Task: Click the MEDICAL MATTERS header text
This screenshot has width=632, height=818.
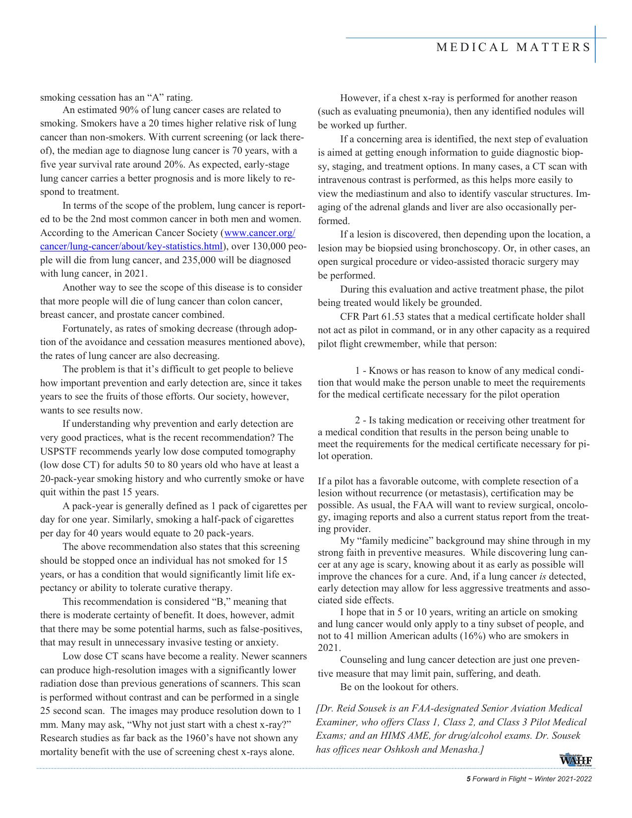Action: pyautogui.click(x=514, y=48)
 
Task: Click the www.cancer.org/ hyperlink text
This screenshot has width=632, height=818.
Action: pyautogui.click(x=260, y=233)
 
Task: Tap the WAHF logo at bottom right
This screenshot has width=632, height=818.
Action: pyautogui.click(x=576, y=760)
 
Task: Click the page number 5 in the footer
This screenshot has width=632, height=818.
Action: pyautogui.click(x=468, y=779)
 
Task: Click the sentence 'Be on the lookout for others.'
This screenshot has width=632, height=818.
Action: pyautogui.click(x=399, y=687)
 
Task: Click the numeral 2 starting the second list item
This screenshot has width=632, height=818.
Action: pyautogui.click(x=357, y=420)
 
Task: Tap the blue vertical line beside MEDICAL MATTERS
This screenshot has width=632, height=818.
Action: pyautogui.click(x=595, y=45)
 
